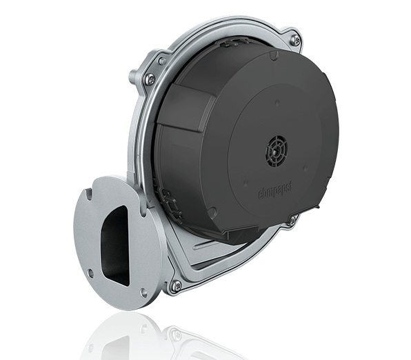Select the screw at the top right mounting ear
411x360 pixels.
294,40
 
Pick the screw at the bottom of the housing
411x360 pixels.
177,285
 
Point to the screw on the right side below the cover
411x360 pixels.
292,220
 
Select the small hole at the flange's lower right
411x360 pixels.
143,292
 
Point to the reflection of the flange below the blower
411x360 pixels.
117,338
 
